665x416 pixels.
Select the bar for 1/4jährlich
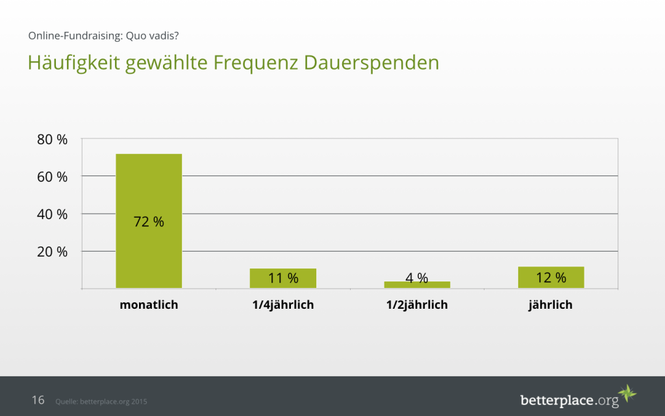(282, 278)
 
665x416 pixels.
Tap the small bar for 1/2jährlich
(416, 285)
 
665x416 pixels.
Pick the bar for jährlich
(551, 278)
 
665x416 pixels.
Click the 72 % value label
(149, 222)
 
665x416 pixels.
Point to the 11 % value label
(283, 278)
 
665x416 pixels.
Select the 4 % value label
(416, 278)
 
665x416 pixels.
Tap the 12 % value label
(551, 278)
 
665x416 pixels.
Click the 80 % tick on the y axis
(51, 139)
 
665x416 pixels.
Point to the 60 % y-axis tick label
(51, 176)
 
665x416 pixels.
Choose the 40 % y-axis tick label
(51, 214)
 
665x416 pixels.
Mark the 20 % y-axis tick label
(51, 252)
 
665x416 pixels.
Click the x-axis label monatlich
(149, 304)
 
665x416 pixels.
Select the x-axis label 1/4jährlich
(282, 304)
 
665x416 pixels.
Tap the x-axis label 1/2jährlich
(416, 304)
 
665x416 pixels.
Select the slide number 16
(38, 400)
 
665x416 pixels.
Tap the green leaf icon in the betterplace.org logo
(627, 394)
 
